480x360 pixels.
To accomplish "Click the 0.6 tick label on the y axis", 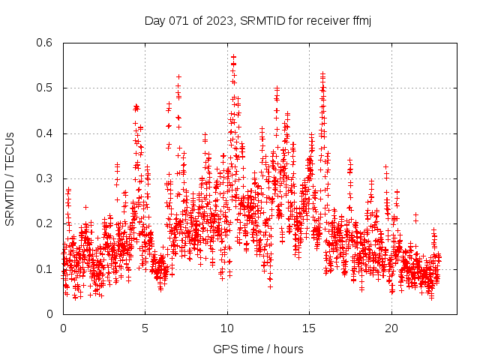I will pyautogui.click(x=45, y=43).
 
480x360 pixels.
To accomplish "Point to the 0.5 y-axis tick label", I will pyautogui.click(x=45, y=88).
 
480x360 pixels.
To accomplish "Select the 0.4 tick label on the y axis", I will pyautogui.click(x=45, y=133).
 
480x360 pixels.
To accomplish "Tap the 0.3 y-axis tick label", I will pyautogui.click(x=45, y=178).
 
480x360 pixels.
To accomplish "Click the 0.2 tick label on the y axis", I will pyautogui.click(x=45, y=223).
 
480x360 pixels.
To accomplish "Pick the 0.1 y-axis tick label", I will pyautogui.click(x=45, y=268).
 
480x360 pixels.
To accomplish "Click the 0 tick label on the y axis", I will pyautogui.click(x=50, y=313).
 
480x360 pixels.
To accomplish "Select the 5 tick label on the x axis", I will pyautogui.click(x=145, y=328).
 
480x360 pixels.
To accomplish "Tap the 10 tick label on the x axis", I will pyautogui.click(x=227, y=328).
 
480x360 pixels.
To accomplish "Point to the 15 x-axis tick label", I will pyautogui.click(x=310, y=328).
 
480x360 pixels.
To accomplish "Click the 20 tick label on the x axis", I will pyautogui.click(x=391, y=328).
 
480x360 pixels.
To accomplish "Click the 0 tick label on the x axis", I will pyautogui.click(x=63, y=328).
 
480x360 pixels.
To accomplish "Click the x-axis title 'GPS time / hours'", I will pyautogui.click(x=258, y=349).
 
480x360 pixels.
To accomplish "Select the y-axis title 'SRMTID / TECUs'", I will pyautogui.click(x=10, y=178).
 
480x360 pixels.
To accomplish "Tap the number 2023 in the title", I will pyautogui.click(x=217, y=20).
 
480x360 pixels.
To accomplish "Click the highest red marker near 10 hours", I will pyautogui.click(x=233, y=56).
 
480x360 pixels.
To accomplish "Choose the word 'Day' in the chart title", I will pyautogui.click(x=154, y=20).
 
